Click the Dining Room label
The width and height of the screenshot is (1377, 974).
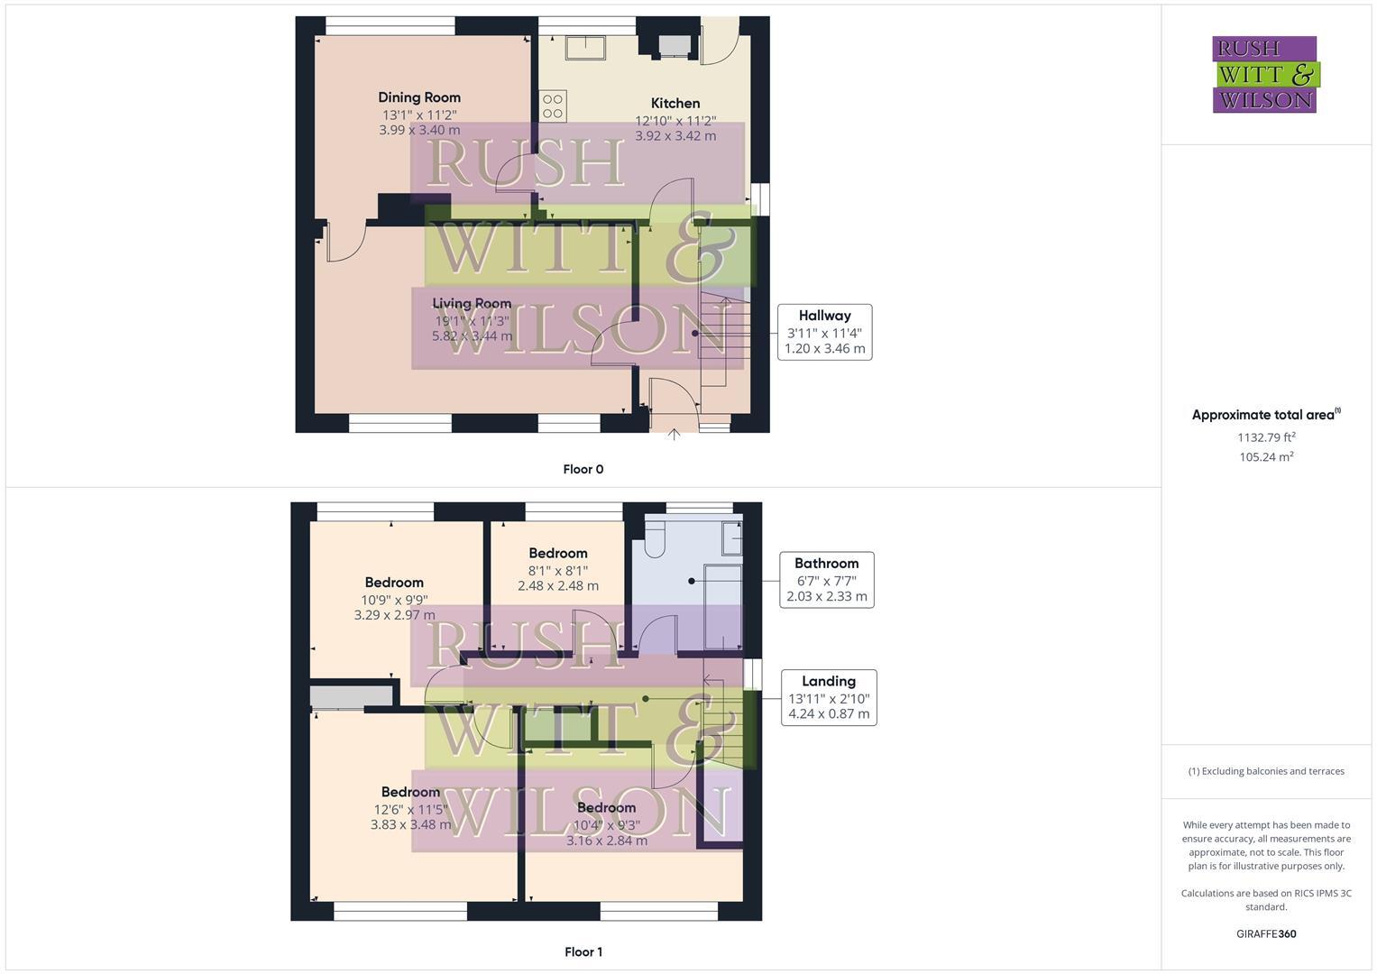[x=419, y=97]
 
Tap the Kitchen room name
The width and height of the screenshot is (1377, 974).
[x=675, y=103]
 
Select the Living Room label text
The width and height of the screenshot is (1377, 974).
[x=472, y=303]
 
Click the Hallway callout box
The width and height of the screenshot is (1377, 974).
[x=824, y=332]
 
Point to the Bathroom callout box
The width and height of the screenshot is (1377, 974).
[x=826, y=579]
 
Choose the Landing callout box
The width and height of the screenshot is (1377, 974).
[x=828, y=697]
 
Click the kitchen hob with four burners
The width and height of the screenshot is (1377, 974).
[x=553, y=106]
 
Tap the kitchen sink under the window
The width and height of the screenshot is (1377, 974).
[x=586, y=46]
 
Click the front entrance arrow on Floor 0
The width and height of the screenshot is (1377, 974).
[x=674, y=435]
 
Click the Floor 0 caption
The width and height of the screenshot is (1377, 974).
[x=583, y=469]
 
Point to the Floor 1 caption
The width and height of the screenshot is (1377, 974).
[x=583, y=951]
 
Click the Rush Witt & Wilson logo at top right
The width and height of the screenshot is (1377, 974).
[x=1264, y=74]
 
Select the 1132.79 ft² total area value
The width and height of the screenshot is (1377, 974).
[x=1266, y=437]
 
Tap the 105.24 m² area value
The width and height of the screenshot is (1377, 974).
[x=1266, y=457]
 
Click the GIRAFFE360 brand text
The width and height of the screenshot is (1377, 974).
[x=1266, y=933]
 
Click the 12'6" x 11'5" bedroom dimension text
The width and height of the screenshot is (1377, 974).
[x=410, y=809]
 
